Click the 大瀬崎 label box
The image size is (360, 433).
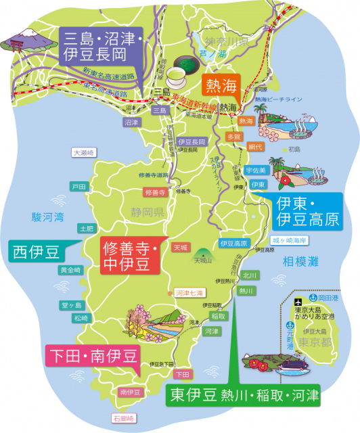pyautogui.click(x=85, y=153)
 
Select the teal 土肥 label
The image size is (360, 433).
pyautogui.click(x=87, y=229)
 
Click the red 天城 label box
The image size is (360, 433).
pyautogui.click(x=181, y=247)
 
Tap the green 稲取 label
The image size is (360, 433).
pyautogui.click(x=218, y=316)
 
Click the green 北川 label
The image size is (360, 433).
pyautogui.click(x=249, y=275)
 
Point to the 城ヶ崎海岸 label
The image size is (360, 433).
pyautogui.click(x=290, y=240)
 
